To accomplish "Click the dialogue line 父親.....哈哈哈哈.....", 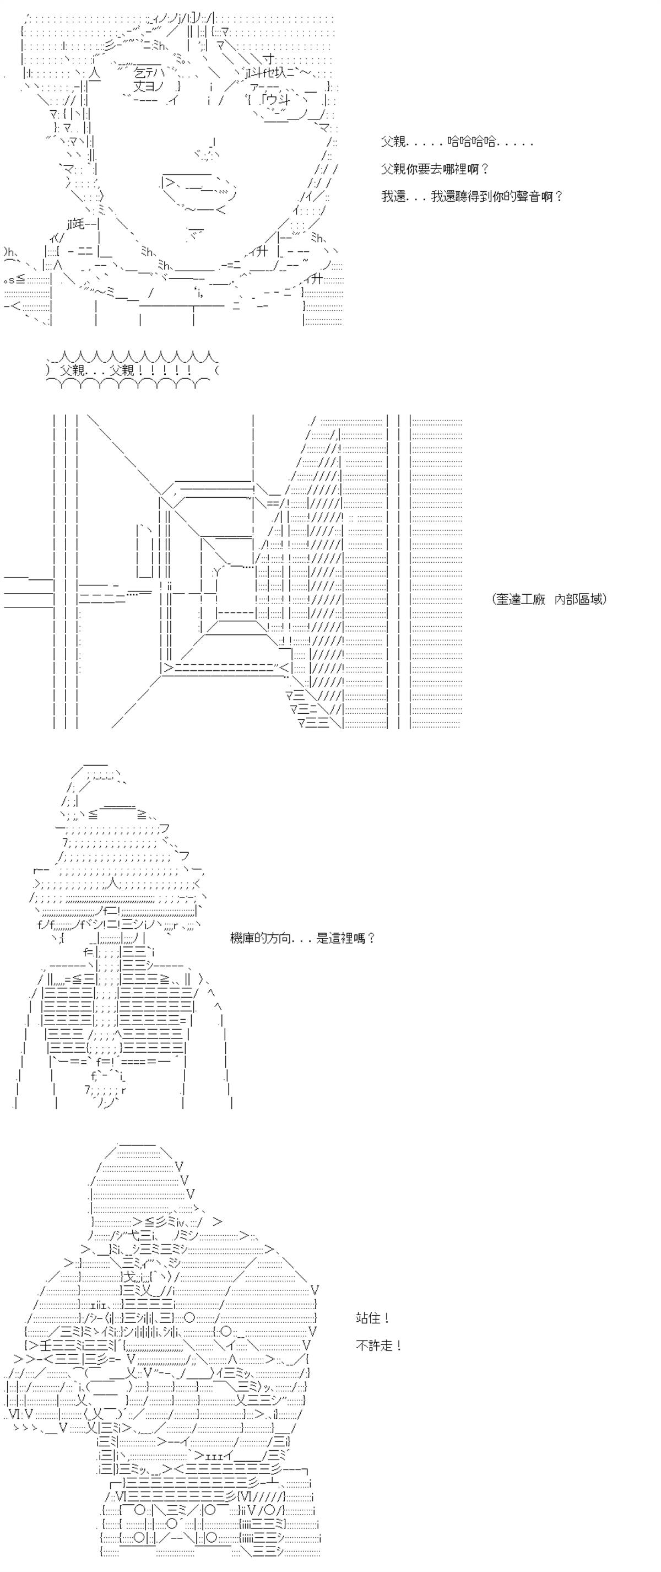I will (457, 142).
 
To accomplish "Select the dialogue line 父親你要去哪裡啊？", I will (435, 169).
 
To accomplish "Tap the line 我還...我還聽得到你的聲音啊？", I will (472, 196).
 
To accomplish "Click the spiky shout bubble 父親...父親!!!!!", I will (132, 370).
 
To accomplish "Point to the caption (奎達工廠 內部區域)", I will (549, 599).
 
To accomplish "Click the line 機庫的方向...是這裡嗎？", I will (302, 938).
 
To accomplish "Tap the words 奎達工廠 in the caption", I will (521, 599).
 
